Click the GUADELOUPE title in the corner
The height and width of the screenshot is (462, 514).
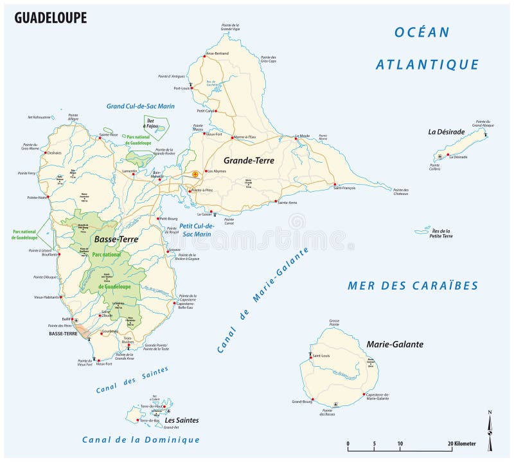(50, 17)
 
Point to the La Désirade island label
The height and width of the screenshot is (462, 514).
(446, 132)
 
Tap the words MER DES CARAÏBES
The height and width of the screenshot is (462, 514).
(412, 286)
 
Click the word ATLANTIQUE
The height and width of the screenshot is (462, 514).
(427, 64)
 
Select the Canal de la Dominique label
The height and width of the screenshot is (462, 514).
(141, 439)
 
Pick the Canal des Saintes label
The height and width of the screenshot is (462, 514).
(132, 380)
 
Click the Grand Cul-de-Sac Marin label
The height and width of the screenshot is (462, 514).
(141, 106)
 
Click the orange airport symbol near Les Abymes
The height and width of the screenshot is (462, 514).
(195, 173)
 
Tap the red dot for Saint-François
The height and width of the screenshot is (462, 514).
(335, 185)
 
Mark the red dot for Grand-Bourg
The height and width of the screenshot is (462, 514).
(313, 400)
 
